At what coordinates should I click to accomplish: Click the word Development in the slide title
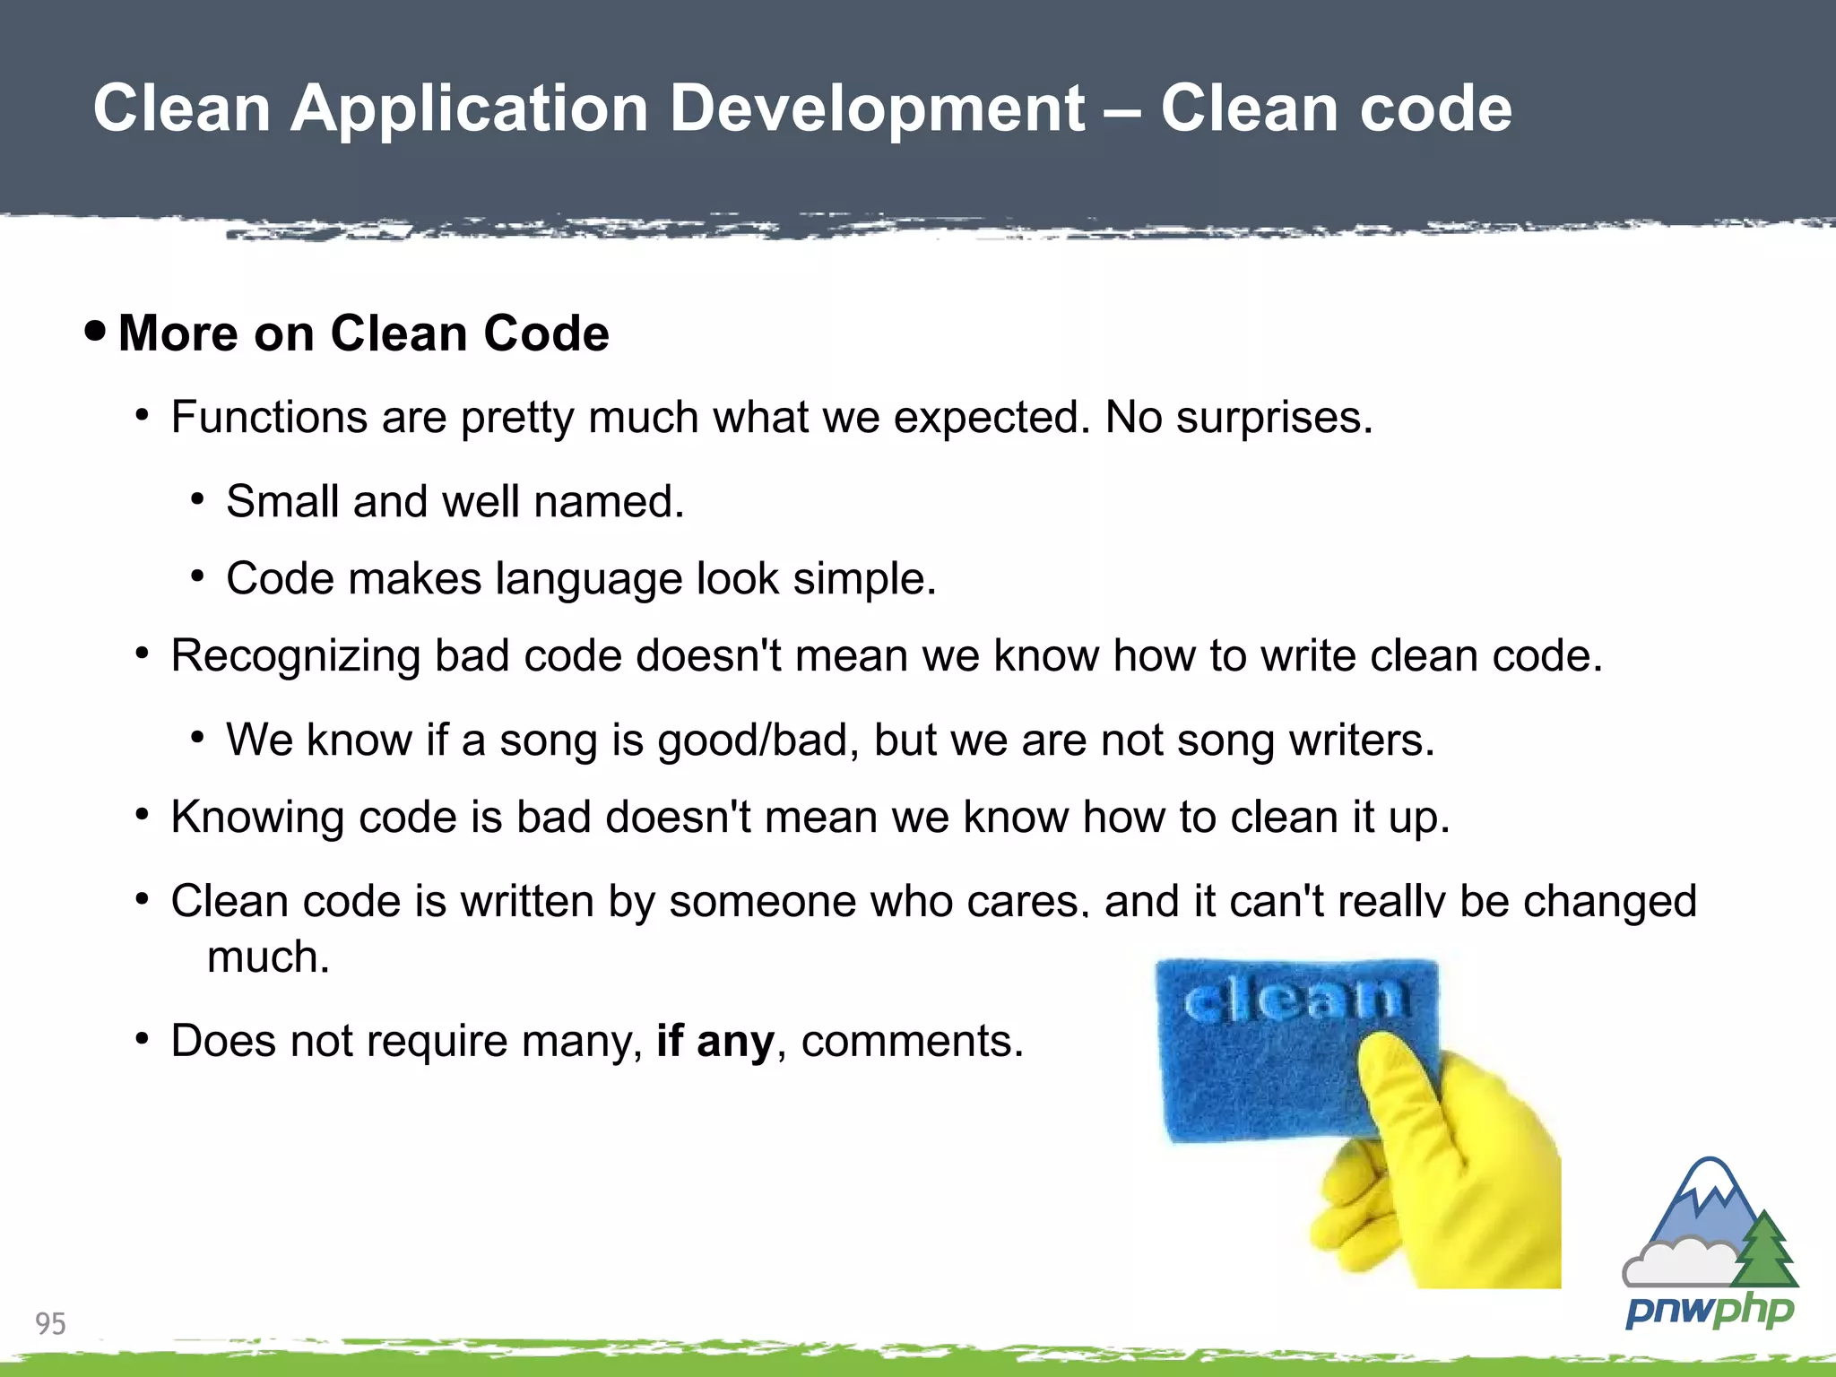click(878, 109)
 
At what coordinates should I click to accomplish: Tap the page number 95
click(50, 1323)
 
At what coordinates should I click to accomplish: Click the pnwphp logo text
click(1709, 1312)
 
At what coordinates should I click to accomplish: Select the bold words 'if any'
click(714, 1042)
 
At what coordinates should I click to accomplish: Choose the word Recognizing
click(295, 656)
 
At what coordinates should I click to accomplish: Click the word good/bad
click(758, 740)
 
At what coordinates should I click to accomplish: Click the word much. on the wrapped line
click(268, 957)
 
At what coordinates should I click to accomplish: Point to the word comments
click(912, 1042)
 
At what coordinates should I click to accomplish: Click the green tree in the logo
click(1763, 1251)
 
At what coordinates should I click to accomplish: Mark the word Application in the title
click(469, 109)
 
